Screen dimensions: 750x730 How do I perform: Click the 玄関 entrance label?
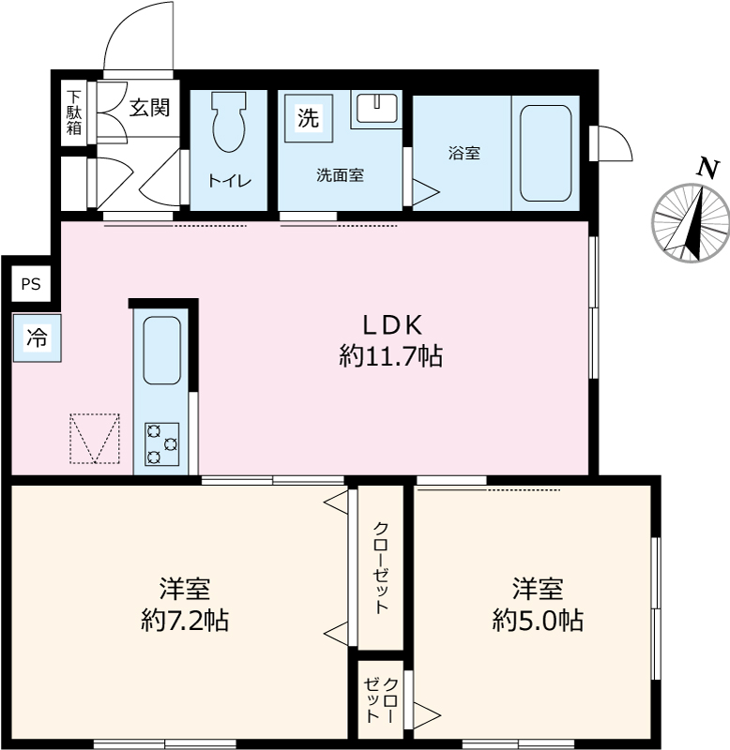[x=148, y=108]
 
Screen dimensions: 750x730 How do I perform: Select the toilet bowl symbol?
[x=228, y=122]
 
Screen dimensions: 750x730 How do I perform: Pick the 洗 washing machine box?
[x=308, y=119]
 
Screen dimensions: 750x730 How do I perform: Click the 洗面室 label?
[x=339, y=173]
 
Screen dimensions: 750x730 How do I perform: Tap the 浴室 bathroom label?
[x=464, y=153]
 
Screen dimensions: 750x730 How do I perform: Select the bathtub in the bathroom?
[x=544, y=153]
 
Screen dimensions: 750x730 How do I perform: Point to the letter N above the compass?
[x=707, y=168]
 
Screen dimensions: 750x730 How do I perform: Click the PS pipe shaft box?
[x=31, y=285]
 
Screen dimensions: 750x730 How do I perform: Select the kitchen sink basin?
[x=161, y=350]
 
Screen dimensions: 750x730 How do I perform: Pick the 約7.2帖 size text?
[x=184, y=620]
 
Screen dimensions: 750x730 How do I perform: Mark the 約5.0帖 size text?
[x=538, y=620]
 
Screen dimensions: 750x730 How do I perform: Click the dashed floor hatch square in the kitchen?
[x=95, y=438]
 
